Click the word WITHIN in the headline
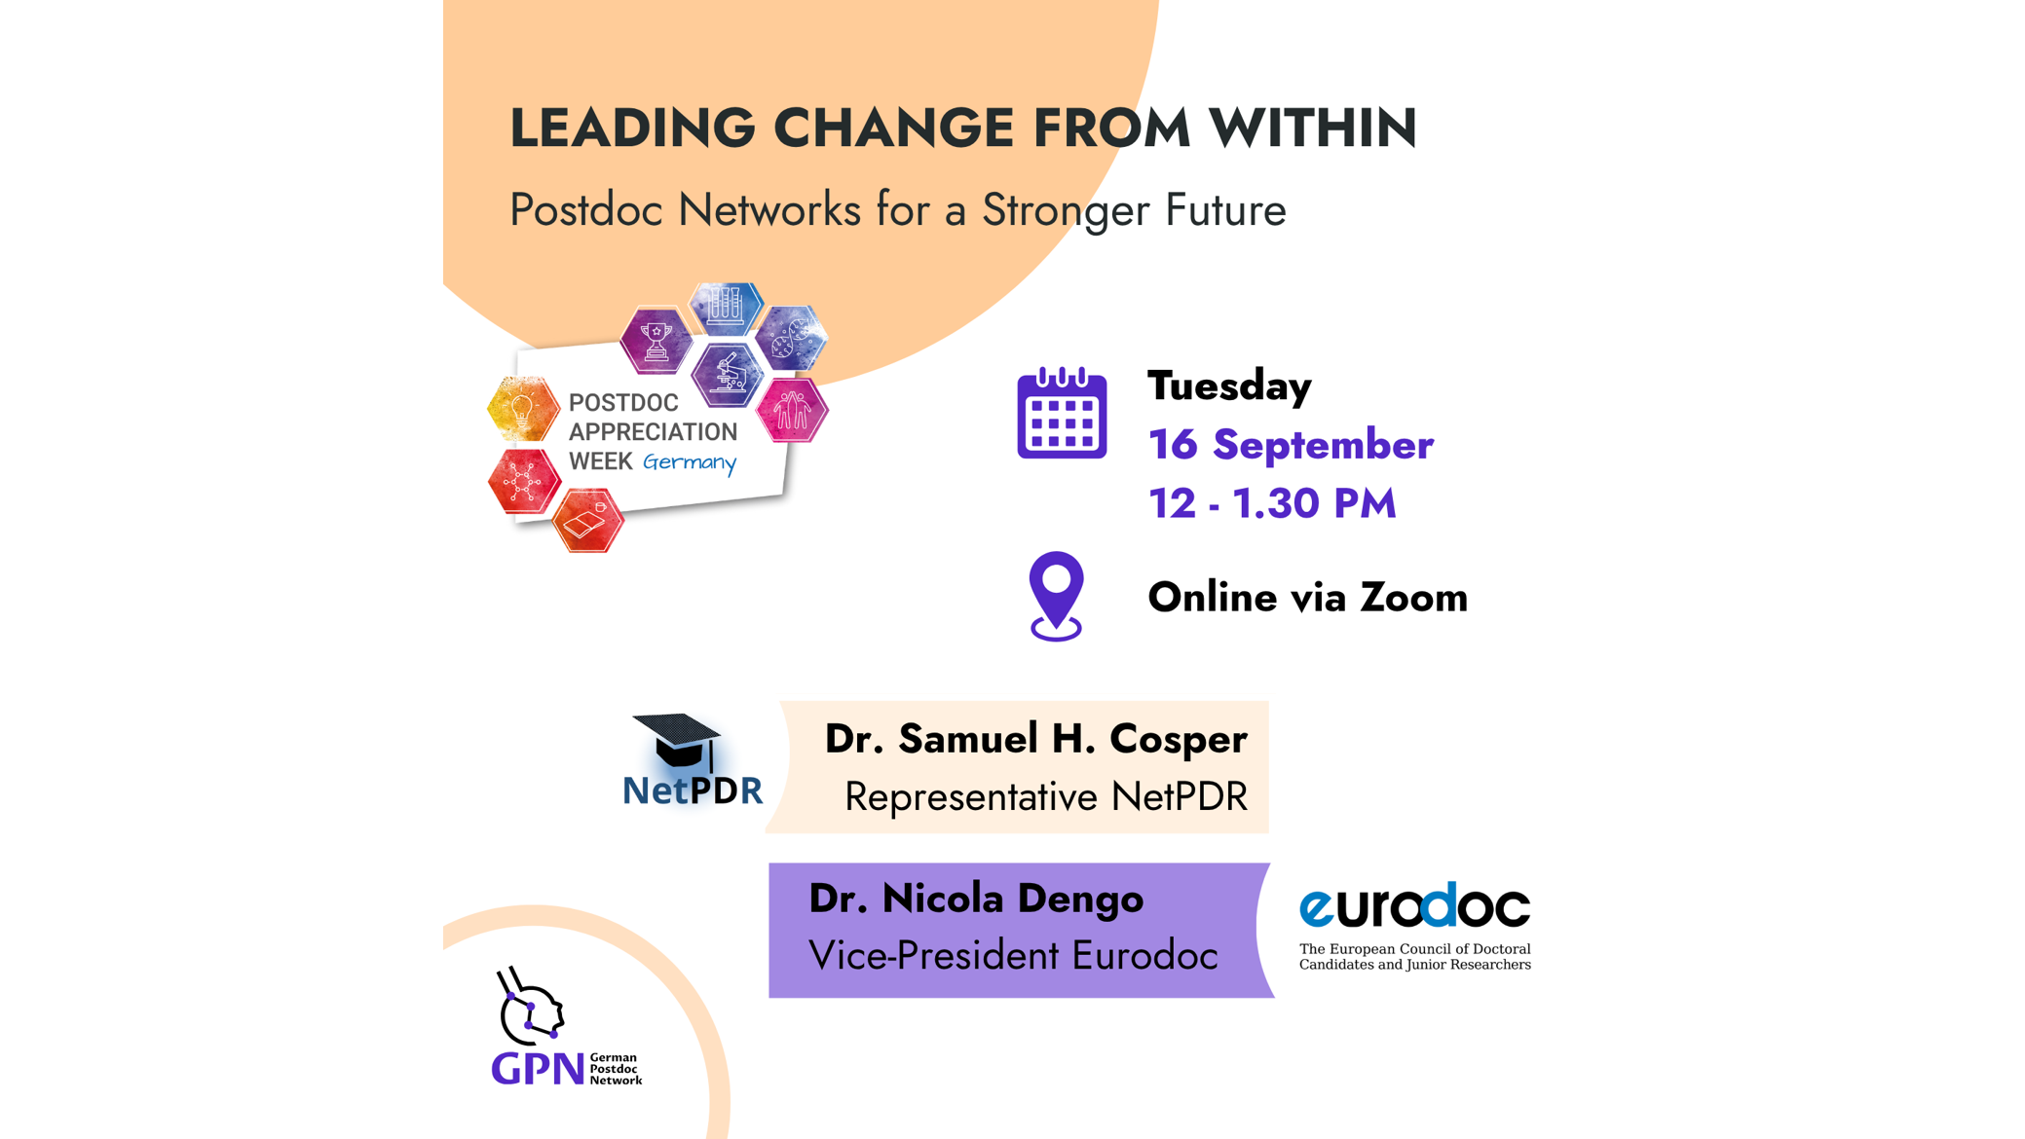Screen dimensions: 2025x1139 click(1313, 128)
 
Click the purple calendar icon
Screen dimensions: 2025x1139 click(1062, 413)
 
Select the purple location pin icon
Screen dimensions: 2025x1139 click(1056, 596)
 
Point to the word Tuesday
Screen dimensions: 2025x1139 click(1229, 386)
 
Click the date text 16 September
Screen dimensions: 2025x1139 click(1291, 444)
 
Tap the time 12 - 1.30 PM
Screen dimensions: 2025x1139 click(1272, 503)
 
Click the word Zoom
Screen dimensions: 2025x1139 click(1413, 597)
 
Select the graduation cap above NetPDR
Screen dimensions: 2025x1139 click(677, 741)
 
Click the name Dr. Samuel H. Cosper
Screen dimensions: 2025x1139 click(1035, 739)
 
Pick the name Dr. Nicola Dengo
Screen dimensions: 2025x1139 click(976, 899)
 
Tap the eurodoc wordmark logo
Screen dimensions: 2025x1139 click(1414, 906)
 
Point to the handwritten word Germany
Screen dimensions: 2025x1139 click(690, 461)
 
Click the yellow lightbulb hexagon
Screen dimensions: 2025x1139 click(523, 409)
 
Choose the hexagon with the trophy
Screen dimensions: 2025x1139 click(656, 341)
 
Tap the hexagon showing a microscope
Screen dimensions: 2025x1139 click(727, 375)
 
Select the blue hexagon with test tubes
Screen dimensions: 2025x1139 click(726, 307)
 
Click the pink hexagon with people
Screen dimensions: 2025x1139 click(792, 410)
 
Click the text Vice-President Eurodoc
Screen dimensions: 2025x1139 click(1013, 956)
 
